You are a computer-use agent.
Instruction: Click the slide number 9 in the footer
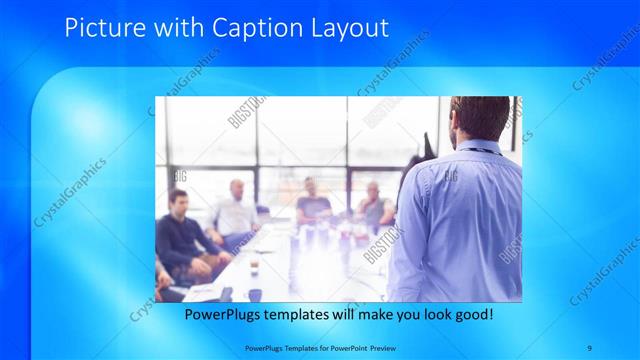[590, 346]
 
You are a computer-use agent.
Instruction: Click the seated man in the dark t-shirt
[312, 205]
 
